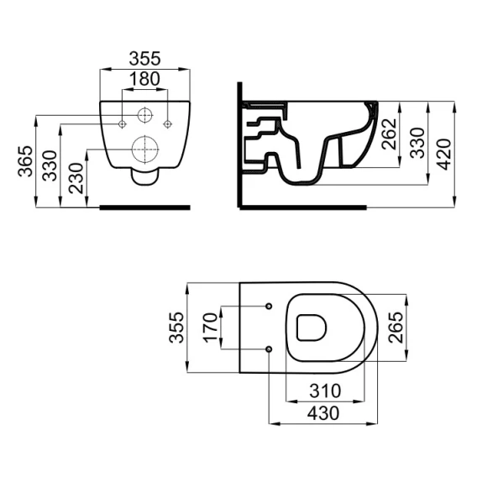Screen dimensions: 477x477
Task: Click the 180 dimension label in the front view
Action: pyautogui.click(x=144, y=79)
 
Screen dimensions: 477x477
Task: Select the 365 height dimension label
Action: pyautogui.click(x=25, y=161)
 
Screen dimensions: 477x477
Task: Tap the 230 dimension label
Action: pyautogui.click(x=76, y=178)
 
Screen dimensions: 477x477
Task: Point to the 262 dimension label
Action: pyautogui.click(x=389, y=134)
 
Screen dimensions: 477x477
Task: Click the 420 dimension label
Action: pyautogui.click(x=444, y=155)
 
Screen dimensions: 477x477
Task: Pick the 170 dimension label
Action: pyautogui.click(x=211, y=328)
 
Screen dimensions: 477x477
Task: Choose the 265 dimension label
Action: pyautogui.click(x=396, y=328)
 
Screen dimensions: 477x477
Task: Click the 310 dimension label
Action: pyautogui.click(x=325, y=391)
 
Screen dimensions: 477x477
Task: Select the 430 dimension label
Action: pyautogui.click(x=323, y=413)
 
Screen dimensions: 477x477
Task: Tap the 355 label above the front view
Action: pyautogui.click(x=144, y=59)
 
